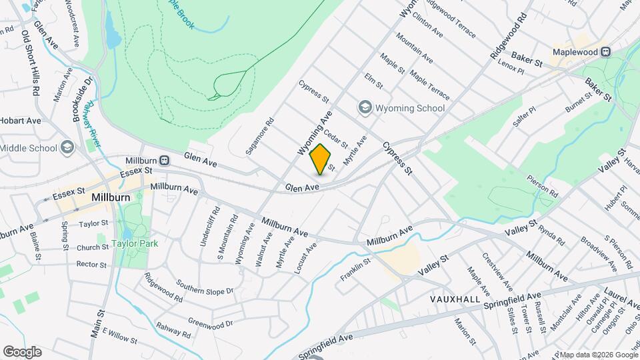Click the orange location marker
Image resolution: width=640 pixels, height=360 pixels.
point(320,159)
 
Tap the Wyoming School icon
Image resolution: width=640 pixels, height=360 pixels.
point(365,107)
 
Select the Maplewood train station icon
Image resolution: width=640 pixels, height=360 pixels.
point(607,51)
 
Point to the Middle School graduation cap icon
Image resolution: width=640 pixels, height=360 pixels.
point(67,147)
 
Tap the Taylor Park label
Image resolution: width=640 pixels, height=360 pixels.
point(135,243)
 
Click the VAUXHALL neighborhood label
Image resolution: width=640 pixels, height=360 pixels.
point(455,300)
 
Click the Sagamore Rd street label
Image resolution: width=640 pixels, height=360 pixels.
point(259,137)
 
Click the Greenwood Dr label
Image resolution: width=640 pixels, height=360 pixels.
point(210,323)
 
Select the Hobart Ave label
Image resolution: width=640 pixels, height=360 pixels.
point(21,121)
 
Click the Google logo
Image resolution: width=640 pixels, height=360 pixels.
point(22,351)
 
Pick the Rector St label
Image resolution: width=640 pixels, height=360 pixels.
point(91,265)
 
